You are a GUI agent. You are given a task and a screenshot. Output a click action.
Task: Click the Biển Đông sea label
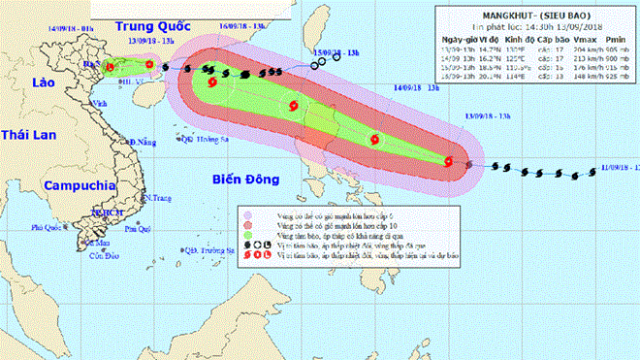click(244, 178)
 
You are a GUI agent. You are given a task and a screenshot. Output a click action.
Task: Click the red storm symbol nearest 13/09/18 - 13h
click(449, 162)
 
